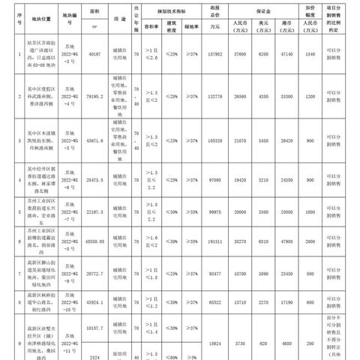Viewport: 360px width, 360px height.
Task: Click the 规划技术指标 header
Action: [x=164, y=12]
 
